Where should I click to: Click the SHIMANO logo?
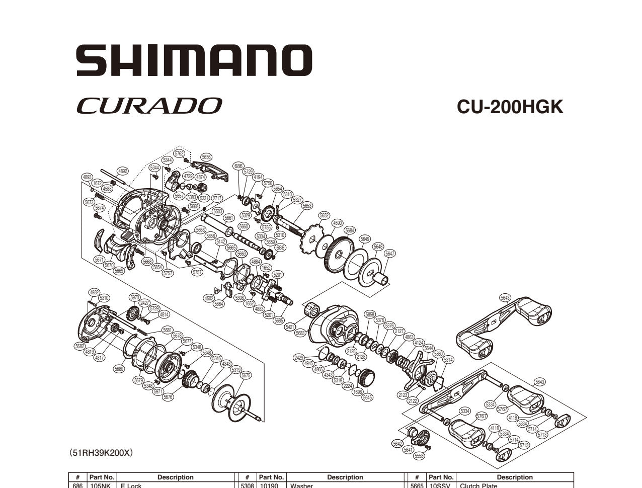(x=194, y=60)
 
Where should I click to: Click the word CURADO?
(x=149, y=106)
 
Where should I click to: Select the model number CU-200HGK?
(x=510, y=107)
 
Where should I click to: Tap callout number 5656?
(x=206, y=157)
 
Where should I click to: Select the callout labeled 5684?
(x=350, y=230)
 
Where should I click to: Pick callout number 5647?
(x=390, y=254)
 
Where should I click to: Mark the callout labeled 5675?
(x=246, y=375)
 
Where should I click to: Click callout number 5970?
(x=135, y=297)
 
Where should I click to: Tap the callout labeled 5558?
(x=419, y=456)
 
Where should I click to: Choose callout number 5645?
(x=368, y=397)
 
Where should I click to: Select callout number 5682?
(x=79, y=346)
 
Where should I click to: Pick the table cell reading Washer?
(x=301, y=485)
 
